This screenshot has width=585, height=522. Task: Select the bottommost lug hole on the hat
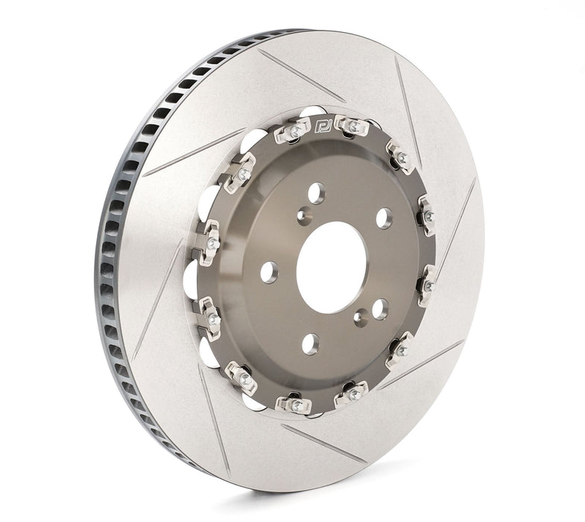click(x=311, y=344)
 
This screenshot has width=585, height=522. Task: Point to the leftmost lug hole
click(x=270, y=272)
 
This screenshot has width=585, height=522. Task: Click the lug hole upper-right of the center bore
click(x=384, y=218)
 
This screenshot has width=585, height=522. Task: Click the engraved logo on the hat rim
click(x=323, y=125)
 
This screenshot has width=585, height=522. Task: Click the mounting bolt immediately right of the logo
click(x=352, y=126)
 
